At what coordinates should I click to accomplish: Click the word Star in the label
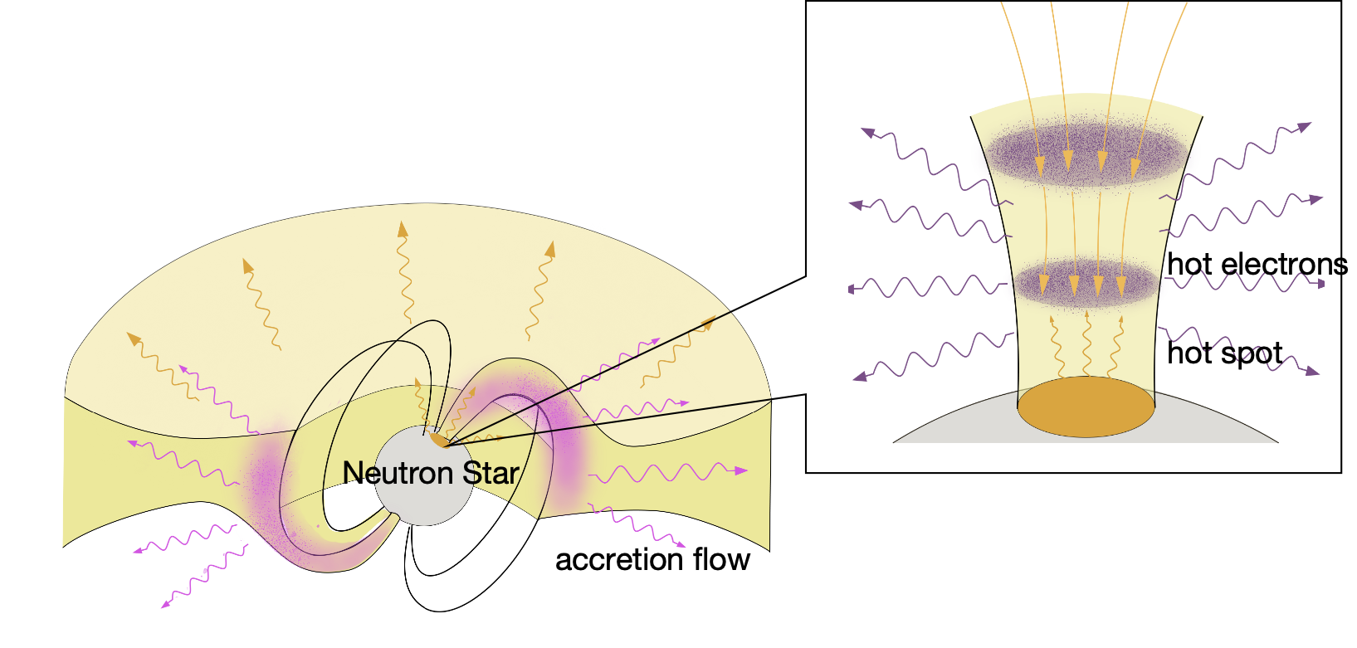click(491, 473)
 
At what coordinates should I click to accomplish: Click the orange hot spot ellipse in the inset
click(1086, 407)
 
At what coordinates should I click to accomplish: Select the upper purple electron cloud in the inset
click(1087, 152)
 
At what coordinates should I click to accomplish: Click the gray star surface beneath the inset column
click(954, 427)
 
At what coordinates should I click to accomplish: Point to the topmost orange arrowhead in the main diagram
click(403, 228)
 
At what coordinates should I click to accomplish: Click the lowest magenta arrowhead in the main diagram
click(165, 604)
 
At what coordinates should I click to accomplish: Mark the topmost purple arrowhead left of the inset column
click(868, 132)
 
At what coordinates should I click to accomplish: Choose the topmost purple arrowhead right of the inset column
click(1305, 127)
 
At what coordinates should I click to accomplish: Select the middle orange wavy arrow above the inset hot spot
click(1086, 344)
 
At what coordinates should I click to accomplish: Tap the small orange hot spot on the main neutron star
click(438, 438)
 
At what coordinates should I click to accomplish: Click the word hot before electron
click(1189, 265)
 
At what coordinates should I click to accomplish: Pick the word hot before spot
click(1189, 354)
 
